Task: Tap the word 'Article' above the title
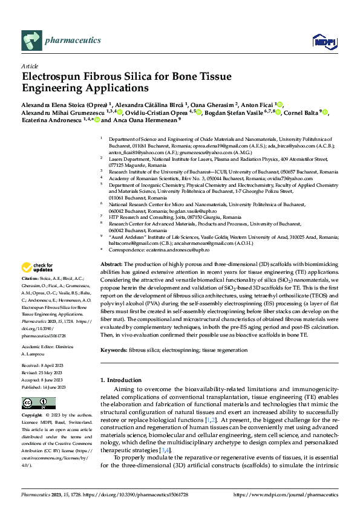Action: pos(29,66)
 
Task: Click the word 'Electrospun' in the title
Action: pos(53,77)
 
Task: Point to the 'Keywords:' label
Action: pos(114,350)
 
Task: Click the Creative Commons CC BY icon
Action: pos(34,403)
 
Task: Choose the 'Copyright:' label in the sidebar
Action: pos(32,416)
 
